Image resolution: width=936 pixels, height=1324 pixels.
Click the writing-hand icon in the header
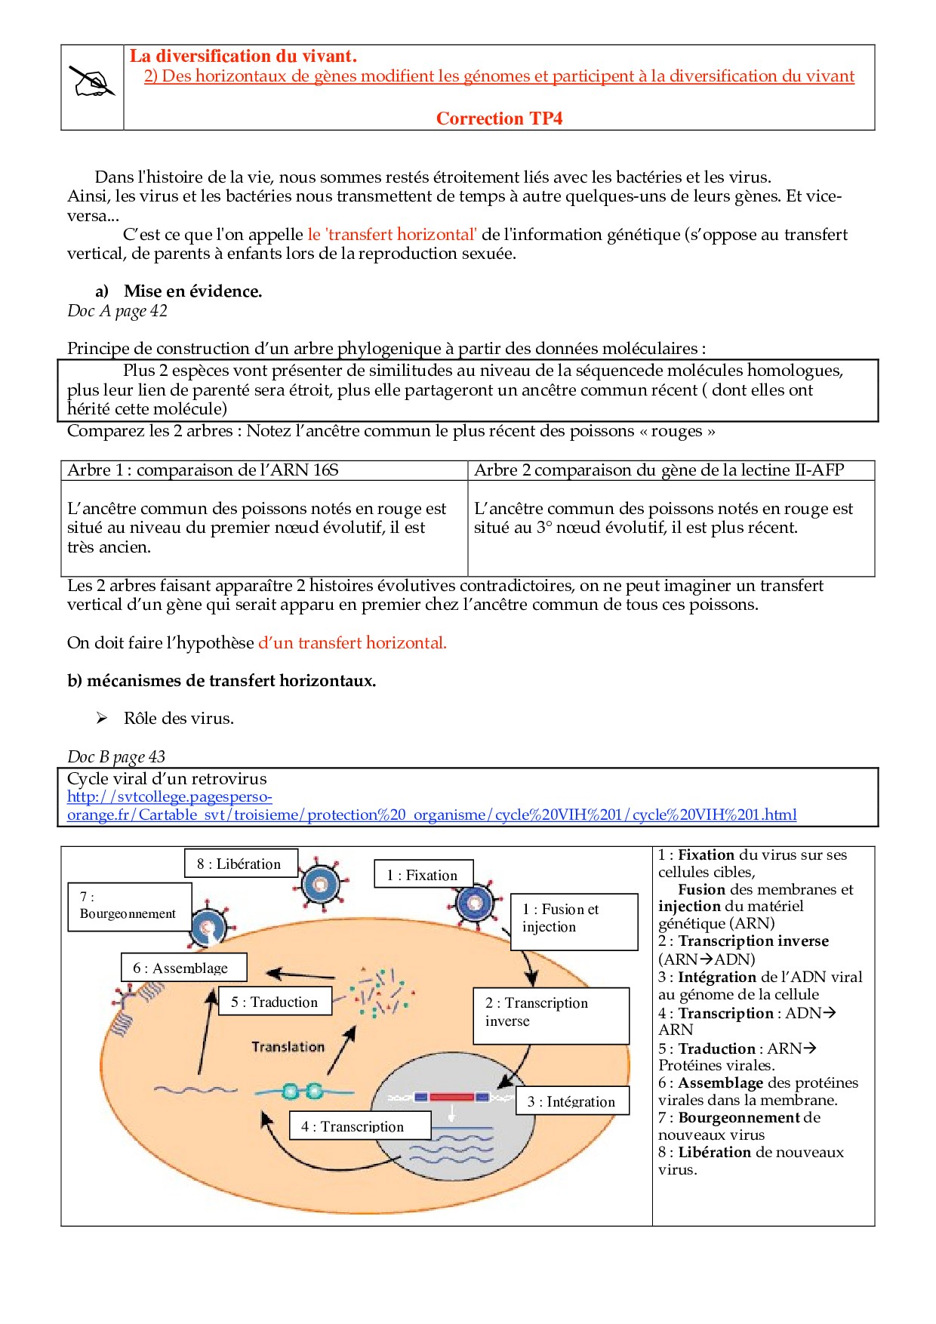click(92, 82)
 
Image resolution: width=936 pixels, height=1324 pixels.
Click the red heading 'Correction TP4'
click(499, 119)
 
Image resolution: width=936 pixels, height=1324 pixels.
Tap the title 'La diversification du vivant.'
click(243, 56)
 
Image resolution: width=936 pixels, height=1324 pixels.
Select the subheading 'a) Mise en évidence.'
click(179, 291)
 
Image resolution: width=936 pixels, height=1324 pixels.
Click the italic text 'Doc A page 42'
click(117, 311)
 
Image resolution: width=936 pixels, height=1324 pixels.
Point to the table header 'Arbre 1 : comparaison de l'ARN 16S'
click(203, 470)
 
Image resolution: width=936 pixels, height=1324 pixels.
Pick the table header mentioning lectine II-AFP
click(658, 470)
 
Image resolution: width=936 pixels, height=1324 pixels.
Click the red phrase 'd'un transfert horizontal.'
click(353, 643)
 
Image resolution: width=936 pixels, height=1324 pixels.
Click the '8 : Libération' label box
click(240, 864)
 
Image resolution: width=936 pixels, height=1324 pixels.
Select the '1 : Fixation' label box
click(423, 875)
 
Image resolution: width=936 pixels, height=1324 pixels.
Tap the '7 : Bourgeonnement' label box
click(129, 906)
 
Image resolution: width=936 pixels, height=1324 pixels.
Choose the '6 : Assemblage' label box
click(183, 968)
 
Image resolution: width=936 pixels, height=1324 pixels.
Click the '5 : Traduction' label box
click(275, 1002)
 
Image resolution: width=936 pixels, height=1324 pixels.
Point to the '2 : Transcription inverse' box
click(550, 1015)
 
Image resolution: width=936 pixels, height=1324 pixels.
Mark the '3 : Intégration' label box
click(571, 1101)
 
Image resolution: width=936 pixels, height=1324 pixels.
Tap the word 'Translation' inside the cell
click(288, 1047)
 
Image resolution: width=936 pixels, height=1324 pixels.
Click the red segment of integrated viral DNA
click(451, 1097)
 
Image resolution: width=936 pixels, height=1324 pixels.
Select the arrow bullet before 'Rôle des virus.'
click(102, 718)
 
